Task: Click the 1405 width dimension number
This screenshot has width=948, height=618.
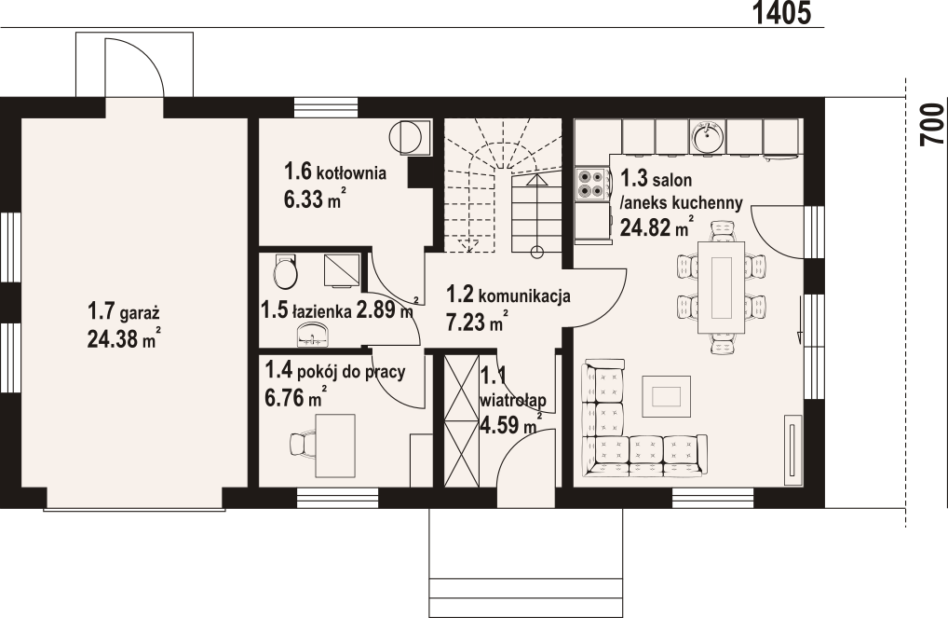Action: coord(781,13)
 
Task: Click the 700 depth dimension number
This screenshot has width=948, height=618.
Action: coord(931,125)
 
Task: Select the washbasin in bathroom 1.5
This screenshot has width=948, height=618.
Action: coord(313,335)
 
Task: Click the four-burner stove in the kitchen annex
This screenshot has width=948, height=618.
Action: coord(592,184)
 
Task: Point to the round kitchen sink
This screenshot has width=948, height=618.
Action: coord(708,137)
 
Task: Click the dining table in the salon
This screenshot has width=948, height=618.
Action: coord(722,287)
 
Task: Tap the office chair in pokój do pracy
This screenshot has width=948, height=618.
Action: coord(302,445)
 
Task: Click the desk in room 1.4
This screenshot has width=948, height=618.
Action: coord(335,445)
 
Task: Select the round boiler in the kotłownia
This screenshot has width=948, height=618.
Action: coord(405,137)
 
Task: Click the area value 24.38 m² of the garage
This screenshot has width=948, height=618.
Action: coord(124,339)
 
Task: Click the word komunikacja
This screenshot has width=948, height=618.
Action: coord(524,296)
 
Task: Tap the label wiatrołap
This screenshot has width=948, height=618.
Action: coord(513,400)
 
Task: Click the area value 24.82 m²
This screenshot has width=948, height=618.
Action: coord(657,227)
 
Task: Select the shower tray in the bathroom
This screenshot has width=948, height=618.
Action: coord(342,270)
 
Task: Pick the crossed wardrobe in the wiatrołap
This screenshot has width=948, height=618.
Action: coord(461,421)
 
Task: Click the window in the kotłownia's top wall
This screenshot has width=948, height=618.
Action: coord(326,107)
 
